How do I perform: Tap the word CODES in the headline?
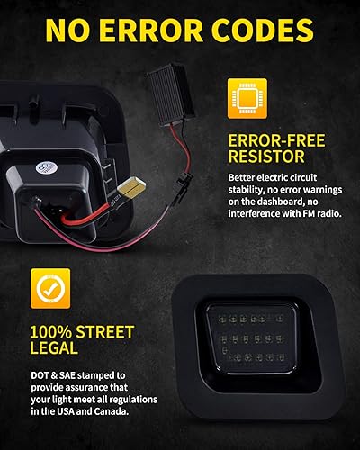(x=273, y=30)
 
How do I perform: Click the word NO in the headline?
(x=71, y=30)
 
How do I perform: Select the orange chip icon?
(x=250, y=100)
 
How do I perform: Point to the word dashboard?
(x=273, y=202)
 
